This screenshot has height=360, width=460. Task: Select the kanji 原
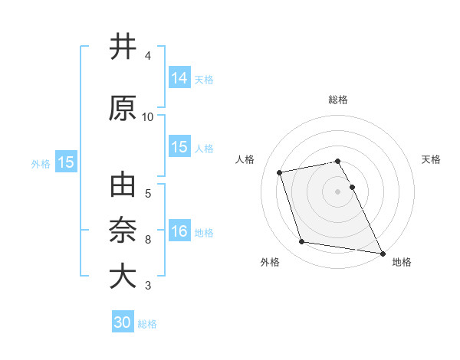point(123,109)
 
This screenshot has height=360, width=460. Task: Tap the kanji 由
point(123,187)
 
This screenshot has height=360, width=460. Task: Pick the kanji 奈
point(123,231)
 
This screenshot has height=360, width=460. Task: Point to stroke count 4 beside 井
point(148,56)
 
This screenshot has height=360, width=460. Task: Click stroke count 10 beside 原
point(148,117)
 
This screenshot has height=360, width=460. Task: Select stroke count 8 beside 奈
point(148,240)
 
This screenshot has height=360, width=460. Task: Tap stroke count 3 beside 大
point(148,286)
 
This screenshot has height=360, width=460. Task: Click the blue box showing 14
point(179,77)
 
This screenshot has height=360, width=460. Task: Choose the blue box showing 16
point(179,231)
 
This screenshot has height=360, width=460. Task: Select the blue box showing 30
point(123,322)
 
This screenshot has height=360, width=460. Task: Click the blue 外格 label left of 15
point(41,163)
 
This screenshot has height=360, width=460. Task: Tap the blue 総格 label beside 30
point(147,324)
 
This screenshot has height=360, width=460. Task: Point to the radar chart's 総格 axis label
point(338,100)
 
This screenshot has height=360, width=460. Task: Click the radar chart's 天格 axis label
point(432,159)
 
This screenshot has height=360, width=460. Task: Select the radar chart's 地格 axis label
point(402,263)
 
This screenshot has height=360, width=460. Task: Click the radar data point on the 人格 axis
point(280,172)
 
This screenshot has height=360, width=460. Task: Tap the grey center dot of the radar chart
point(338,191)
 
